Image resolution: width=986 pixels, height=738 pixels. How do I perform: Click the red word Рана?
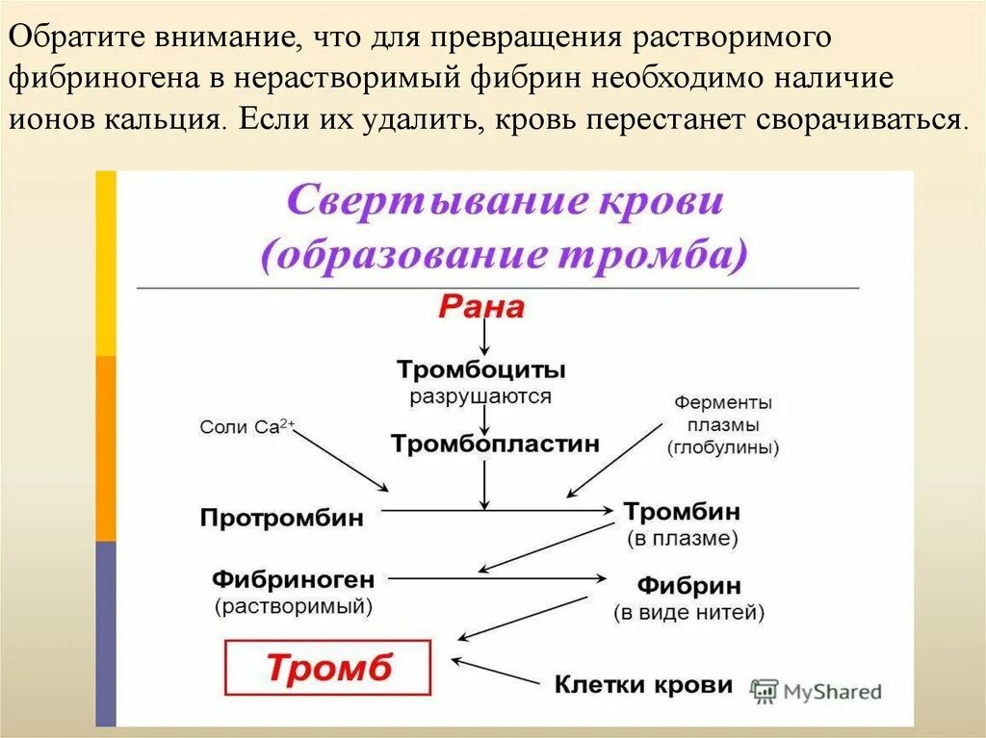[481, 307]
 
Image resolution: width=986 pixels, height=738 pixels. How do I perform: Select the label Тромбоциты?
[481, 369]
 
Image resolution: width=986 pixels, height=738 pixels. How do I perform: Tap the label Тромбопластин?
[495, 444]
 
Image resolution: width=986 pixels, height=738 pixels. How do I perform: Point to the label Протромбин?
[282, 518]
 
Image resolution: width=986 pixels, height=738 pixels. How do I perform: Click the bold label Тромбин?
[682, 512]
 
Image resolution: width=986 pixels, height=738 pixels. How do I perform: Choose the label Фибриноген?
[293, 579]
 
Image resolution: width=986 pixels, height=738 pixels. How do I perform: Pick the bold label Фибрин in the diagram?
[688, 585]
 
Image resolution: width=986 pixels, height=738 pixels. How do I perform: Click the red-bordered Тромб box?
[328, 668]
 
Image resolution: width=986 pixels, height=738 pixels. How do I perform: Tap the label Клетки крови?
[643, 685]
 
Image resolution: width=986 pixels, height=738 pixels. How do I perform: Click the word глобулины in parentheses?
[722, 447]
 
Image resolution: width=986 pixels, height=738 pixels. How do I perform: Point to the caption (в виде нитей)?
[688, 612]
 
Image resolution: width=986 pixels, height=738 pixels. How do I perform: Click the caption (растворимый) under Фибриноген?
[293, 606]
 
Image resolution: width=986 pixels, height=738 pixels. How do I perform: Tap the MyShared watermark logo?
[817, 690]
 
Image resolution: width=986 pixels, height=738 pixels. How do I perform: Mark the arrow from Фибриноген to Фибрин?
[496, 578]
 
